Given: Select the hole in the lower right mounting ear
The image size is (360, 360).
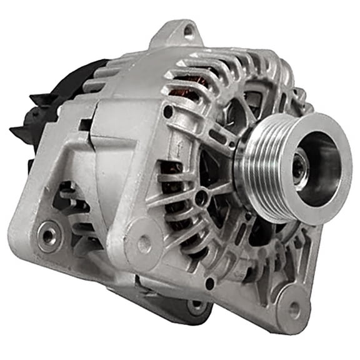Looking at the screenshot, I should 293,311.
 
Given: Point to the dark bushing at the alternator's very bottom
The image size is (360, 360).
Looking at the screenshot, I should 196,306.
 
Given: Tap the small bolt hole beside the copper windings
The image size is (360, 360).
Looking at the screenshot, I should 167,112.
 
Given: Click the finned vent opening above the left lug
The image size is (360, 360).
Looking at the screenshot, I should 69,200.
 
